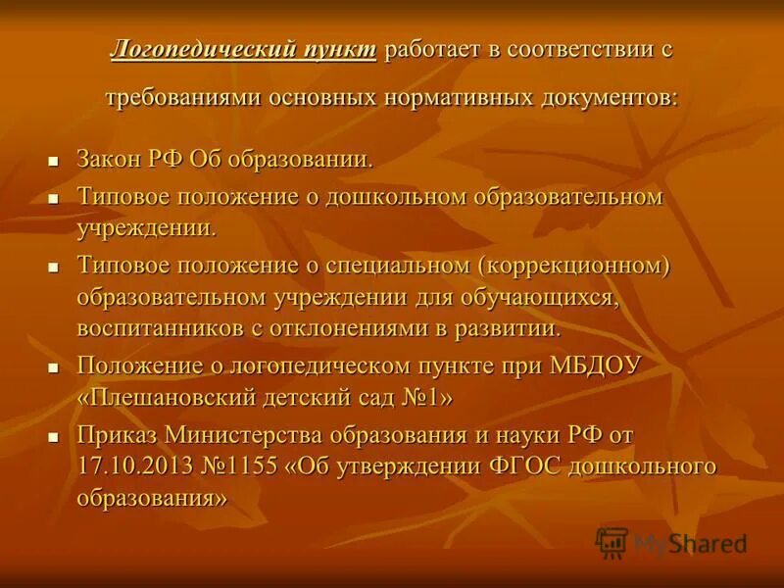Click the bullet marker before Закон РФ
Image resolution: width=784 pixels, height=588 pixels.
coord(55,159)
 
